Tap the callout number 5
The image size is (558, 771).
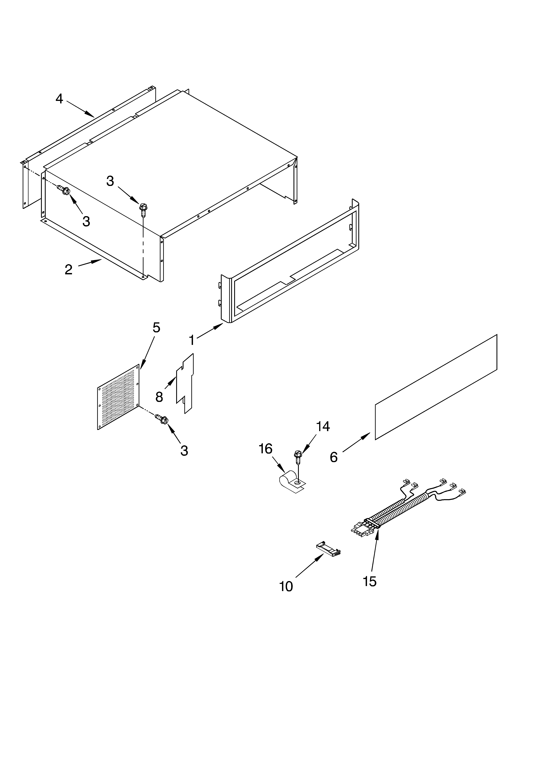tap(156, 327)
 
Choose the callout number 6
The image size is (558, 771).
tap(334, 457)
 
